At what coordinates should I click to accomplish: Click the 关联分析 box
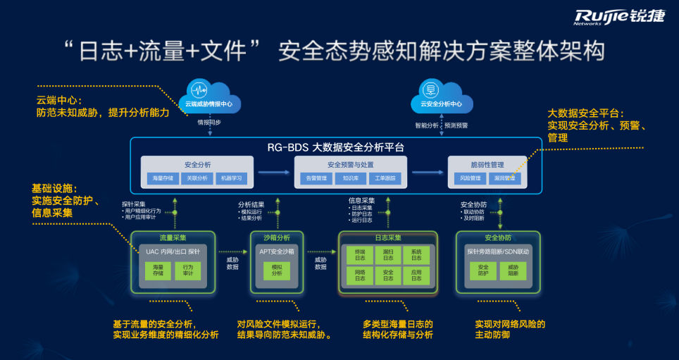[198, 178]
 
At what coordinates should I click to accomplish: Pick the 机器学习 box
[232, 178]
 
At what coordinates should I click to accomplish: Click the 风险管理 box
[471, 178]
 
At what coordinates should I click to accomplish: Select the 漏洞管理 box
[505, 178]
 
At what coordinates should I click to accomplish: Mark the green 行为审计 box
[188, 271]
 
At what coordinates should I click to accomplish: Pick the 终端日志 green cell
[360, 255]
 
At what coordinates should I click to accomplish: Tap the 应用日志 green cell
[416, 275]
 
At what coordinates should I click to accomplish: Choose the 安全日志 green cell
[388, 275]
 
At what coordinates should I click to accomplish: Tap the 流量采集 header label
[167, 237]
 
